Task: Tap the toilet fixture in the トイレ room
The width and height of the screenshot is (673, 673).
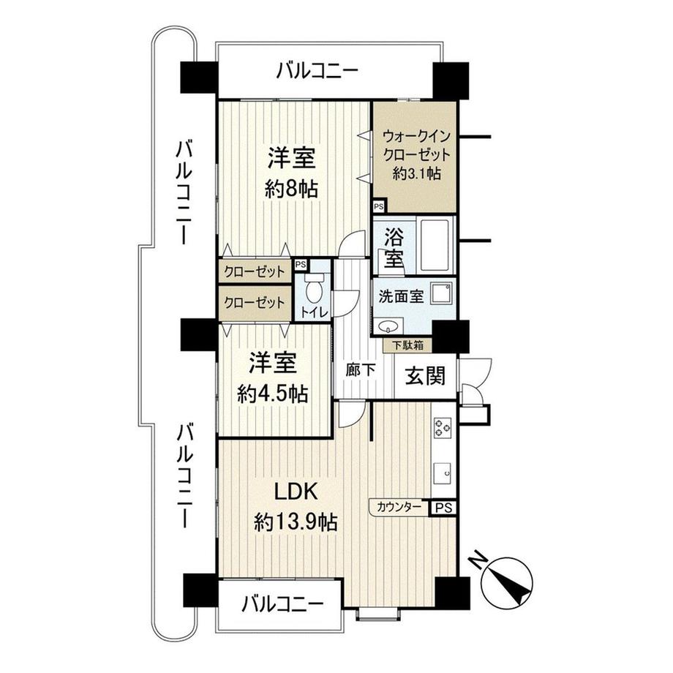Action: point(314,290)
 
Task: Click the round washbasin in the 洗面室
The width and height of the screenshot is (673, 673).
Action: point(387,326)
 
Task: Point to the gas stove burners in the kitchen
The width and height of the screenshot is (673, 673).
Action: point(443,426)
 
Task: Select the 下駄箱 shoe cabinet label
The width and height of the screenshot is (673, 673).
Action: point(407,345)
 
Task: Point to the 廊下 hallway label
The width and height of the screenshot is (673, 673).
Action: point(361,370)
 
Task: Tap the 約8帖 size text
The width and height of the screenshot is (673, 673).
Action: point(290,188)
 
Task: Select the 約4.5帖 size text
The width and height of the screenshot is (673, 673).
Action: point(272,394)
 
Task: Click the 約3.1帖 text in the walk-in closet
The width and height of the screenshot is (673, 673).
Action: point(416,173)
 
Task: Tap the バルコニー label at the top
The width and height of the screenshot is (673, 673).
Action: point(317,72)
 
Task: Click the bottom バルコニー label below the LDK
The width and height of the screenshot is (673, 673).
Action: point(282,604)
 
